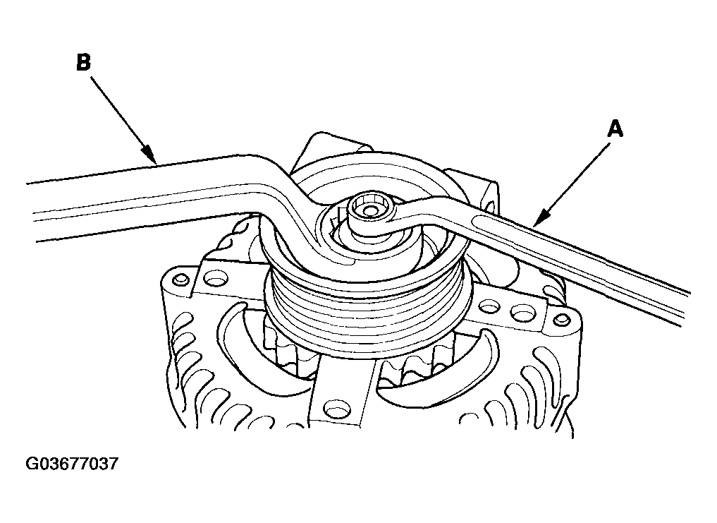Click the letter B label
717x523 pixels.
point(84,62)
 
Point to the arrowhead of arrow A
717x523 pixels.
point(539,219)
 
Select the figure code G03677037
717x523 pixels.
point(72,464)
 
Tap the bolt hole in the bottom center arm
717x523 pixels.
point(336,407)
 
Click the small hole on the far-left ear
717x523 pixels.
point(182,279)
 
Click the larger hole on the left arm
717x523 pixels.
point(216,277)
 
